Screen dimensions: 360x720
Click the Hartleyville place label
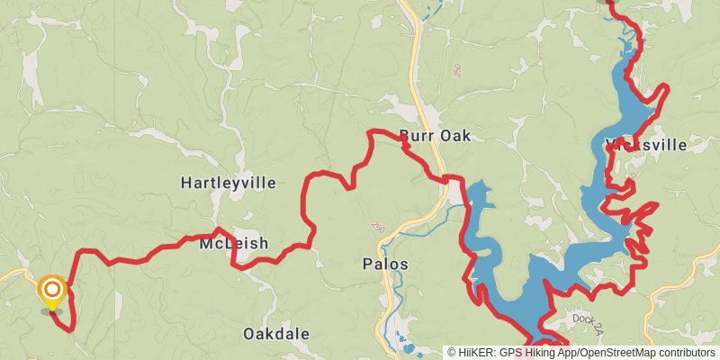(x=228, y=183)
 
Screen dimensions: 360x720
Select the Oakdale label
(x=276, y=334)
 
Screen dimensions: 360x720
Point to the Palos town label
(x=385, y=265)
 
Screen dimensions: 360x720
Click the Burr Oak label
(x=436, y=136)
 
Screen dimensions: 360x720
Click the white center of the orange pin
(x=53, y=289)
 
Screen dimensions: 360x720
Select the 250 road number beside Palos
(x=377, y=229)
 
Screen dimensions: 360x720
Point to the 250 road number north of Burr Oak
(x=457, y=68)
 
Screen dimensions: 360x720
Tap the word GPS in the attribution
(x=509, y=353)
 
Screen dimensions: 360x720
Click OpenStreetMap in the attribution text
(x=625, y=353)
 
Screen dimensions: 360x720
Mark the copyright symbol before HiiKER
(x=452, y=353)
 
